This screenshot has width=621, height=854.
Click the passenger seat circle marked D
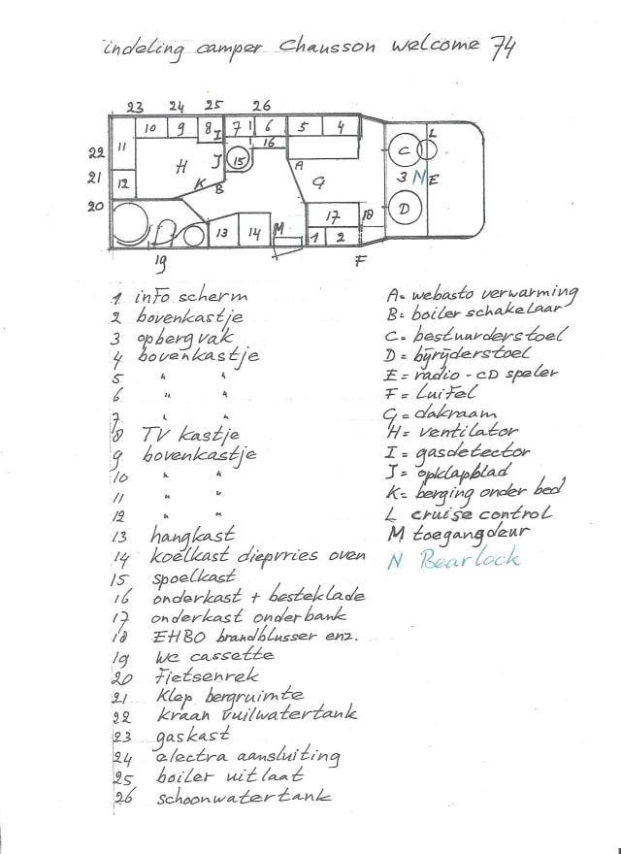pos(406,208)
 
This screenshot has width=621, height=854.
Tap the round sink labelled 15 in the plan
pos(240,161)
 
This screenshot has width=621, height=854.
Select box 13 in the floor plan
pos(222,233)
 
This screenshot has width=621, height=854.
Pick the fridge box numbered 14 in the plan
pos(253,232)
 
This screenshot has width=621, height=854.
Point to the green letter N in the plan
pos(419,178)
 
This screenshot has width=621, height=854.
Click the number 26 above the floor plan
pos(261,105)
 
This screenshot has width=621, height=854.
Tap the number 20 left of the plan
pos(95,206)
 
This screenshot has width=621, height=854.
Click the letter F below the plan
pos(360,260)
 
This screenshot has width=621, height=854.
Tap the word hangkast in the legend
pos(187,536)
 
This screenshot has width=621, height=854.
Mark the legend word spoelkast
pos(192,576)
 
